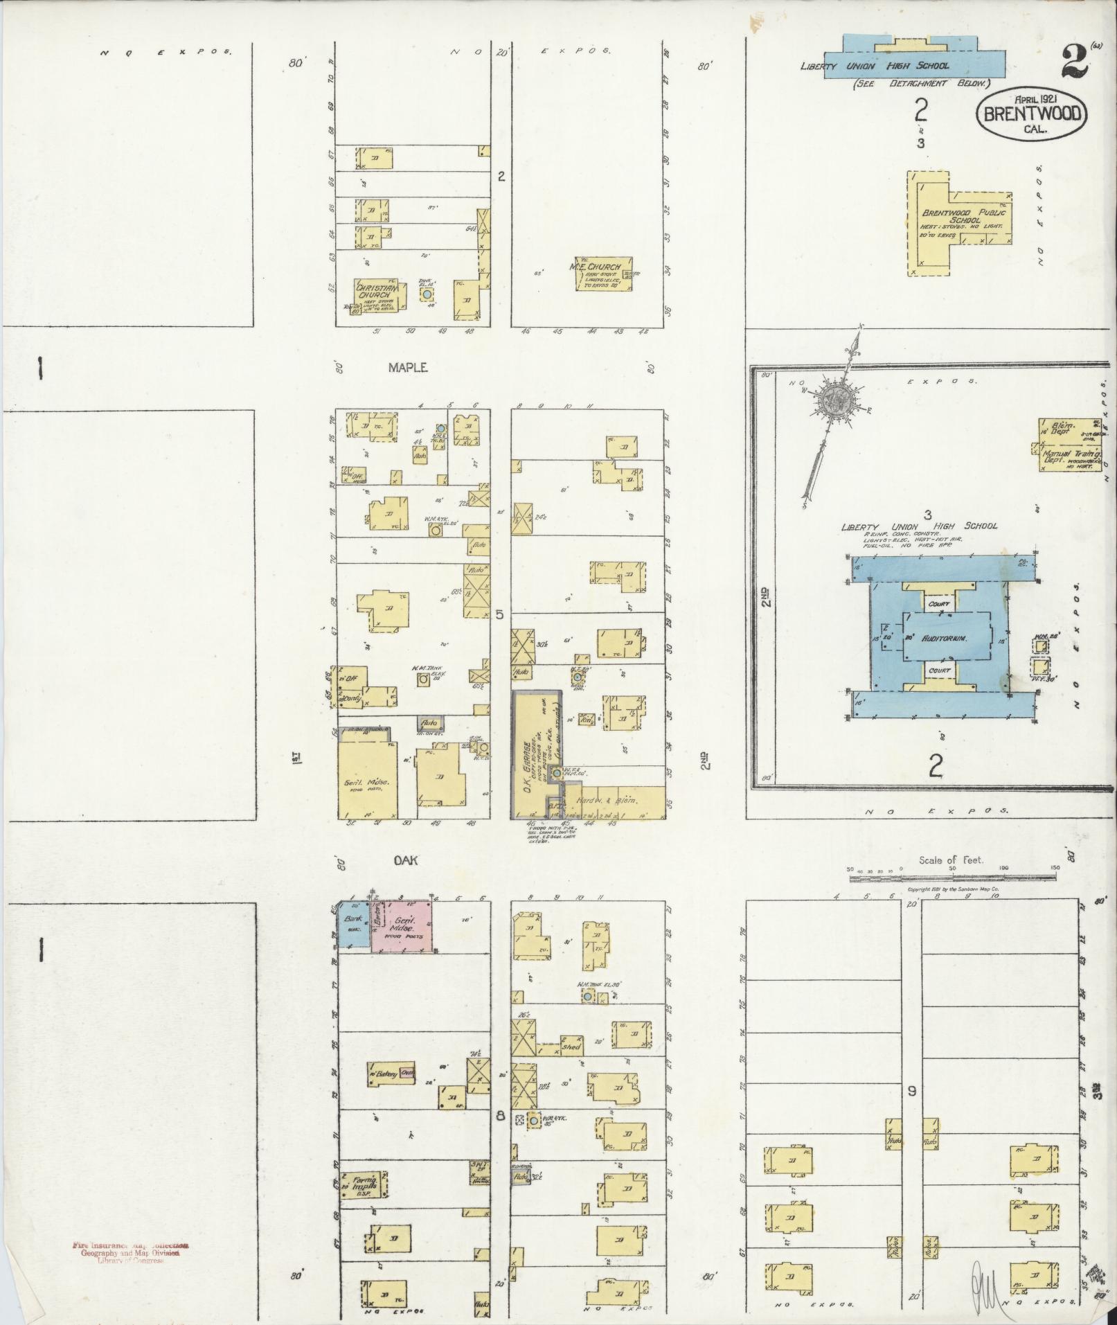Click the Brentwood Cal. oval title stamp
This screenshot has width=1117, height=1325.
[1031, 115]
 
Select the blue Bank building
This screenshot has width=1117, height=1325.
[353, 926]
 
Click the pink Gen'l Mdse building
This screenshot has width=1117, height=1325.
[403, 926]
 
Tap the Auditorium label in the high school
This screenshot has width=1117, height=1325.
[946, 638]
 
